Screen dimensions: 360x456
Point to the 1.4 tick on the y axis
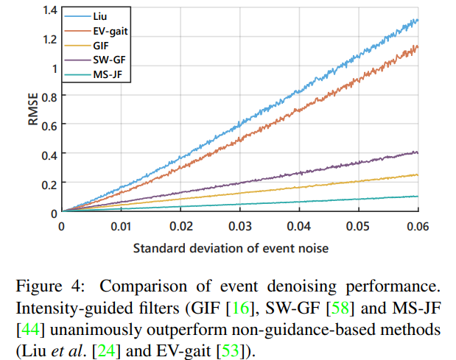49,10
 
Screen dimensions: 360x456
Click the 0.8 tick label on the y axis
49,96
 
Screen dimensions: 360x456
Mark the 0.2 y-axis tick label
49,183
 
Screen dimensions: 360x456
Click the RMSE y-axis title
33,110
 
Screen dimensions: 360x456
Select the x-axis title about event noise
231,248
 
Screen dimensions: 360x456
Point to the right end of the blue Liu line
418,20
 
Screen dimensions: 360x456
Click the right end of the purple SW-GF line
418,152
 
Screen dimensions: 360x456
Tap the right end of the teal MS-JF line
418,196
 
